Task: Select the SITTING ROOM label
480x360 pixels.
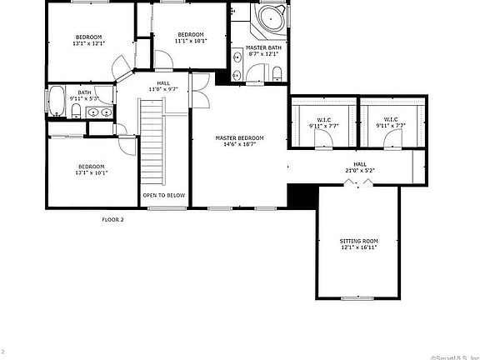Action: tap(359, 240)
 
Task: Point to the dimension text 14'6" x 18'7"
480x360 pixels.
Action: tap(239, 145)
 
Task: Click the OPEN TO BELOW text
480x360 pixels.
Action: tap(163, 194)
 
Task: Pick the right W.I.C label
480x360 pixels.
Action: tap(389, 120)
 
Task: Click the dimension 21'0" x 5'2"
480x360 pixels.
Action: tap(360, 171)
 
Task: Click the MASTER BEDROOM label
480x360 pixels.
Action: tap(239, 137)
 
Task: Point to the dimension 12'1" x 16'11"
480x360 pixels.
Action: tap(359, 247)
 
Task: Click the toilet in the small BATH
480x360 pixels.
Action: tap(76, 110)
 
